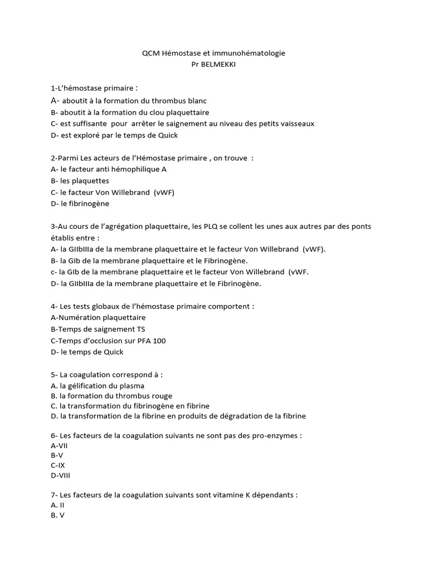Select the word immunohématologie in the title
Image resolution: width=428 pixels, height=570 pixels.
pos(252,53)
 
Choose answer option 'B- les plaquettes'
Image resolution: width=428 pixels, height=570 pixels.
pos(80,181)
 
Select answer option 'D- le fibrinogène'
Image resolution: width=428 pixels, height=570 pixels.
pos(80,204)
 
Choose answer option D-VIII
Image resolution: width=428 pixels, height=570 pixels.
pos(60,475)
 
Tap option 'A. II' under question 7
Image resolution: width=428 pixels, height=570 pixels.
pos(58,505)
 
